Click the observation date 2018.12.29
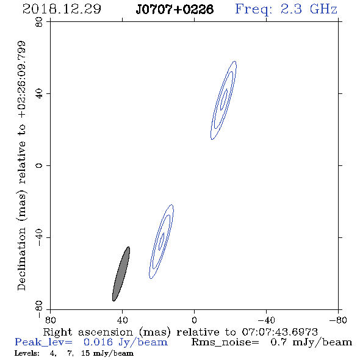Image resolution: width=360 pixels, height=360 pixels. (x=62, y=9)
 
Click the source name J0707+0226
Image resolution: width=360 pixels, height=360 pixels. (x=175, y=9)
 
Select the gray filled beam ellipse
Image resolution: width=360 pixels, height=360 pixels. (x=121, y=274)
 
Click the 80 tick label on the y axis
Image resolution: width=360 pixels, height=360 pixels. (x=39, y=22)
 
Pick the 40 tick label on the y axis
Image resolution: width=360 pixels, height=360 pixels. (x=39, y=94)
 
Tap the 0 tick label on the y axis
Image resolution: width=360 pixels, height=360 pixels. (x=39, y=165)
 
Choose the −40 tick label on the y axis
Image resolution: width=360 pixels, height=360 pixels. (x=39, y=237)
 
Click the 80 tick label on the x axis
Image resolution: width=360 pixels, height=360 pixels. (x=50, y=320)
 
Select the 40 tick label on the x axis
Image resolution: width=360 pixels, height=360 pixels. (x=122, y=320)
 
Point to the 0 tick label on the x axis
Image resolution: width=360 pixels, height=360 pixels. (x=194, y=320)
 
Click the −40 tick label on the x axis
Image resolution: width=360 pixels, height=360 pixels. (x=266, y=320)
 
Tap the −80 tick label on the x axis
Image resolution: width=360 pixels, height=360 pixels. (x=338, y=320)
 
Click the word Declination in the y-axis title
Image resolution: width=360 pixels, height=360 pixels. (x=21, y=259)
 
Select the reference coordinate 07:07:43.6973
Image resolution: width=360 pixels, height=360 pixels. (x=279, y=332)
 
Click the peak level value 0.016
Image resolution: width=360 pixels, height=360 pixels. (x=98, y=342)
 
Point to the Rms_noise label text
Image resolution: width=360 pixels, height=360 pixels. (x=225, y=342)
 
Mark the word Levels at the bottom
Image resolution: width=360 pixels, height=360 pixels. (x=27, y=353)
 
